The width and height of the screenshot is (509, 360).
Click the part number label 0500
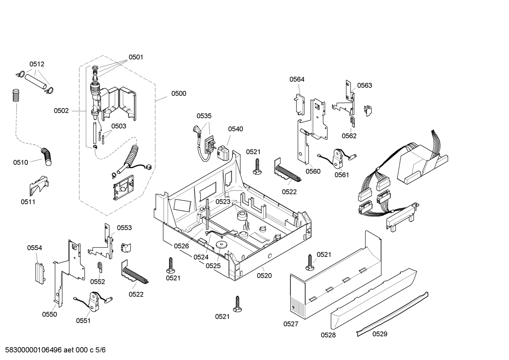coord(179,94)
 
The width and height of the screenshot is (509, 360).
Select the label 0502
coord(61,111)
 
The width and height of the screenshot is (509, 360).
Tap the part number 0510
coord(20,163)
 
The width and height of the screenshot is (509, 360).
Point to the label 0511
coord(28,202)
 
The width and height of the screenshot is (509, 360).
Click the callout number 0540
coord(235,129)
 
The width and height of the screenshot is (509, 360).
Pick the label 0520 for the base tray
coord(264,276)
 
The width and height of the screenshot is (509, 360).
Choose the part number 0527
coord(291,324)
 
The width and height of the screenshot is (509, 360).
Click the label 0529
coord(380,334)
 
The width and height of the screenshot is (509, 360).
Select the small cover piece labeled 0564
coord(299,105)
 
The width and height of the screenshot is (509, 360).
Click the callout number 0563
coord(364,85)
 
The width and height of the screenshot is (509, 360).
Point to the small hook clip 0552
coord(100,267)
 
